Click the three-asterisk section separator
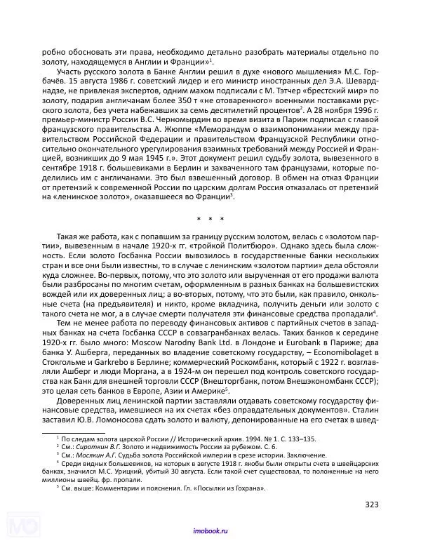[210, 220]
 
